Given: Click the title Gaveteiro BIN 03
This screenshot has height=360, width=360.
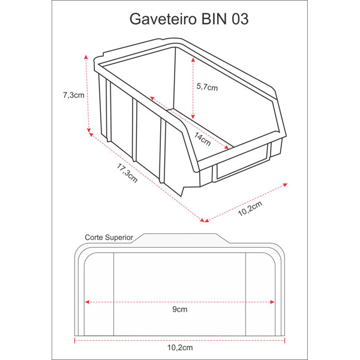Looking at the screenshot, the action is coord(189,19).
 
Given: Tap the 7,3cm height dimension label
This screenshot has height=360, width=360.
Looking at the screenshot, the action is coord(74,95).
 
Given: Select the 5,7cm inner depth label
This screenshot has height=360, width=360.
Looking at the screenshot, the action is coord(207,87).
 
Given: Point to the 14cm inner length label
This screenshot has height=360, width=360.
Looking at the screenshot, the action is coord(202,139).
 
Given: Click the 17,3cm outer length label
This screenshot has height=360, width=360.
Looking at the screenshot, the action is coord(127,173).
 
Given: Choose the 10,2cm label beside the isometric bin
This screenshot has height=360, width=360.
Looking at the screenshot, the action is coord(250,208).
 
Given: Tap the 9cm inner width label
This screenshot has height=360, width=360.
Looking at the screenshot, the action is coord(180,309).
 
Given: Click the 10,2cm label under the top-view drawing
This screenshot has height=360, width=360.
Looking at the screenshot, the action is coord(180,347).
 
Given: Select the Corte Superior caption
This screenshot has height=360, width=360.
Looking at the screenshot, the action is coord(109,238).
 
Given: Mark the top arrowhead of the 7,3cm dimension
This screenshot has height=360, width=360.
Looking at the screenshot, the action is coord(86,57).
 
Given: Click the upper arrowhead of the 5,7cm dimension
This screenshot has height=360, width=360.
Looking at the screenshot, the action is coord(193,60).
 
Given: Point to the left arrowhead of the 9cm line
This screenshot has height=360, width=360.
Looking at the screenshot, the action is coord(87,302).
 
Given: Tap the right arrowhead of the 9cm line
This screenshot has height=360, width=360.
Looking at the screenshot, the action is coord(272,302).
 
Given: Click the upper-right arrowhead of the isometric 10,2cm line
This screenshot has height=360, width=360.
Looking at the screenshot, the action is coord(285,185).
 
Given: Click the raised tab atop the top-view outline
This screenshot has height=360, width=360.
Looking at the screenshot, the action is coord(181,238).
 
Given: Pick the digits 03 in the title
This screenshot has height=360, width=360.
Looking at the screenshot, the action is coord(240,19).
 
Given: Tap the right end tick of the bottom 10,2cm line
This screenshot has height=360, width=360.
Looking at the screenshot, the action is coord(284,340).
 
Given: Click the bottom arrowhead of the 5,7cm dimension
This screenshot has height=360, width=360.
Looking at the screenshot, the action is coord(193,116).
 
